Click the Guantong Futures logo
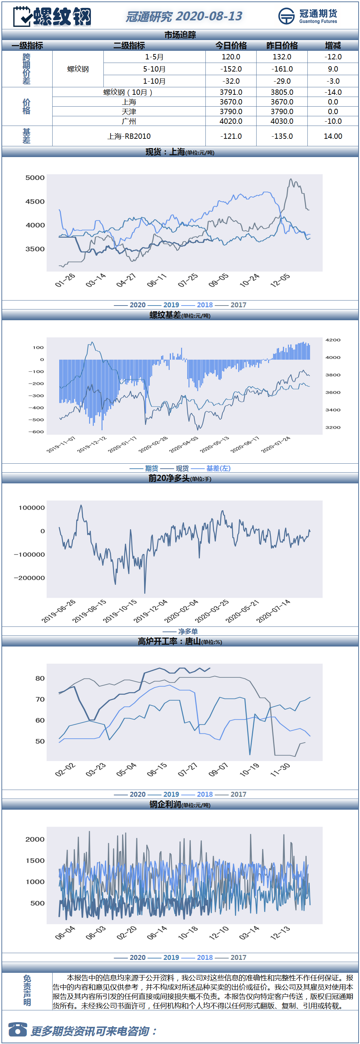[308, 16]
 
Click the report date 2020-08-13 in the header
[209, 16]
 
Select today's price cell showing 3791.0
[231, 92]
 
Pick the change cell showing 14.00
[333, 136]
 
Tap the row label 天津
[129, 112]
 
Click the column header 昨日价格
[282, 45]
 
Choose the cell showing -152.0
[231, 69]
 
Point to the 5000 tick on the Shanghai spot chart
[35, 177]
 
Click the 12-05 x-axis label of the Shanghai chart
[280, 280]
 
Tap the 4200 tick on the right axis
[333, 340]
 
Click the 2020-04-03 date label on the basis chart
[184, 445]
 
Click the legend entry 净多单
[188, 631]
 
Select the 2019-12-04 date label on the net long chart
[150, 611]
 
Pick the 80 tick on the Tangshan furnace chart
[40, 678]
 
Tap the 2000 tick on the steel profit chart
[35, 839]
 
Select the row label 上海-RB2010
[129, 136]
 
